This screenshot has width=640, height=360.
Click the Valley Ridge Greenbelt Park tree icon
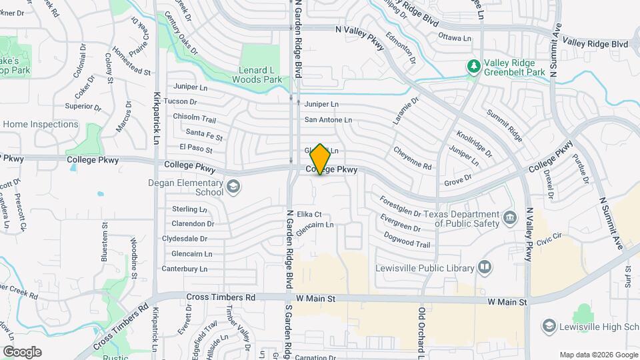pos(473,66)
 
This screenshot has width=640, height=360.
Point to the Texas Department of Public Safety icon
pos(510,218)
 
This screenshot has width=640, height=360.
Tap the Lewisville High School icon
pos(549,326)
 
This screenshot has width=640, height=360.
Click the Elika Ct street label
pos(309,214)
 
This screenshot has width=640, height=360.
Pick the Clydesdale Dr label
pos(185,239)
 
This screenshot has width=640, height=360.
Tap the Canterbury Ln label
pos(185,269)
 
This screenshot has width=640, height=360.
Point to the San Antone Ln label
pos(328,120)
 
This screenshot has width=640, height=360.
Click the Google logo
pos(22,352)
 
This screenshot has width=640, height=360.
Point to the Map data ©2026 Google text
pos(597,355)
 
